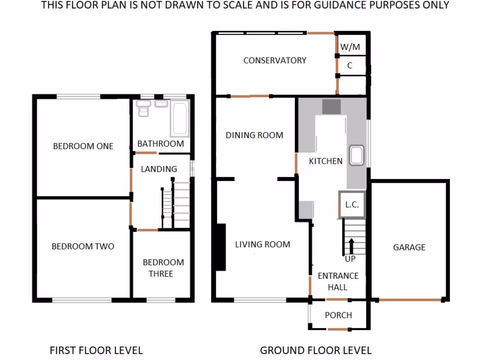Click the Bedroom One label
pos(83,146)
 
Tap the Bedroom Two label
pos(82,247)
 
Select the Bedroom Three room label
pos(161,268)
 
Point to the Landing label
pos(159,169)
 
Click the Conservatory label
pos(275,60)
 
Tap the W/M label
pos(350,47)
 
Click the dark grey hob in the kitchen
pos(331,107)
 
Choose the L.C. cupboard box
pos(352,205)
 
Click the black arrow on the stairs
pos(350,245)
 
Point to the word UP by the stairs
pos(350,259)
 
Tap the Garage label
pos(409,247)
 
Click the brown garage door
pos(410,300)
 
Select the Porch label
pos(338,315)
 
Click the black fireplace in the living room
pos(220,247)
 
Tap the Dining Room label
pos(255,135)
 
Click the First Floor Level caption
pos(96,350)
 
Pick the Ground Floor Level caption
pos(315,350)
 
